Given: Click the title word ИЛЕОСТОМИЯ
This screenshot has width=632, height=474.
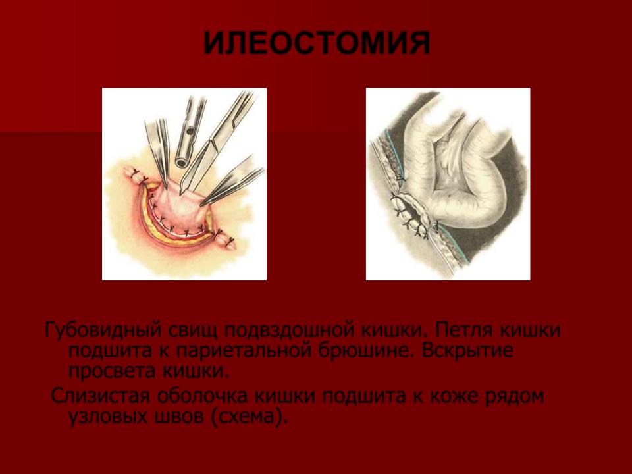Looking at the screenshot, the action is point(317,43).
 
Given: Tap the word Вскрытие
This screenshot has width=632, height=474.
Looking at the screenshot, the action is point(467,351).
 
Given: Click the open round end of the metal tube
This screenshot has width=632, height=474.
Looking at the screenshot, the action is point(182,162).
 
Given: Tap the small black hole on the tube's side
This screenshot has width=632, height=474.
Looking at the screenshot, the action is point(190,130).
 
